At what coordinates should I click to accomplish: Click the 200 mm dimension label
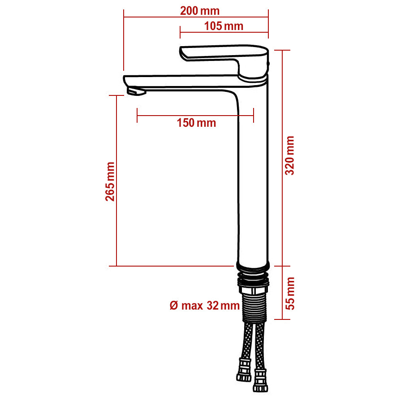200,11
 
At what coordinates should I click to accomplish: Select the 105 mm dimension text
224,26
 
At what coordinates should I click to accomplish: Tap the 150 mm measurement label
196,123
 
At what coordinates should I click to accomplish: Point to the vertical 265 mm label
110,181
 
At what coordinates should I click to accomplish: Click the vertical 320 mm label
290,155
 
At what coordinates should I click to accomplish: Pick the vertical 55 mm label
290,293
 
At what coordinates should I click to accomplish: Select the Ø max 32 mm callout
205,306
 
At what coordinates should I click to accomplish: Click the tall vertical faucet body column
252,179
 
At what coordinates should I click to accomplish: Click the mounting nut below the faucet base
254,283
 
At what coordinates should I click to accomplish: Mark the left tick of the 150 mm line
137,115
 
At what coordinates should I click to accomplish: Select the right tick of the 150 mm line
254,115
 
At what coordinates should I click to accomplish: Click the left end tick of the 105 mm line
180,32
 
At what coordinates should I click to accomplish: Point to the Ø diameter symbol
174,306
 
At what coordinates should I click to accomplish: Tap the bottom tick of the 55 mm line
282,319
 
